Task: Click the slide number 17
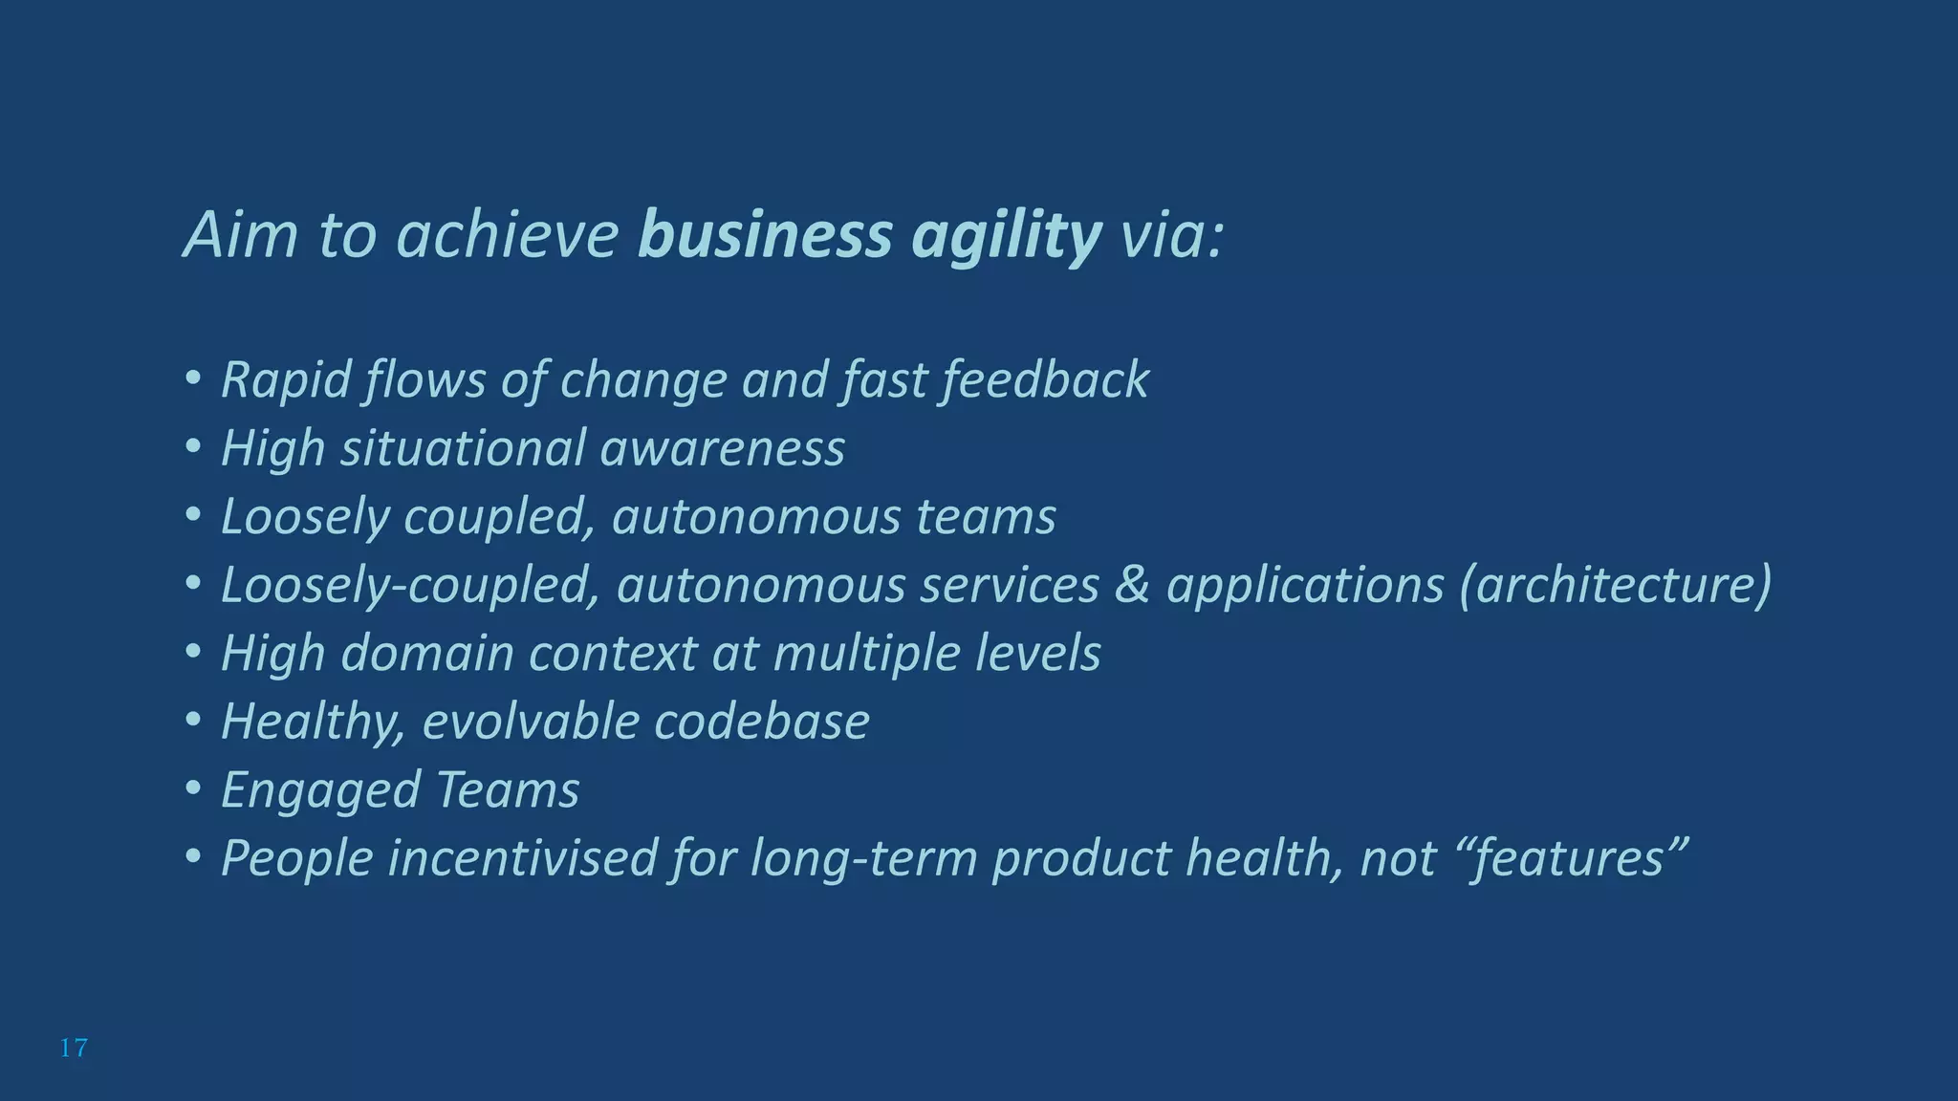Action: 74,1048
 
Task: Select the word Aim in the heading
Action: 240,235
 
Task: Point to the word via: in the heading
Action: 1171,235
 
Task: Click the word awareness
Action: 722,448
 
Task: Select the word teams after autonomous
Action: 986,517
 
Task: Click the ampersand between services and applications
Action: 1132,585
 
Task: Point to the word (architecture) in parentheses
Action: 1615,585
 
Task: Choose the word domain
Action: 427,654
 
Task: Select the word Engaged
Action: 320,790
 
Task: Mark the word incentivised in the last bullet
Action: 522,858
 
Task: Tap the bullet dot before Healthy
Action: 193,722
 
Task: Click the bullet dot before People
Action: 193,858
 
